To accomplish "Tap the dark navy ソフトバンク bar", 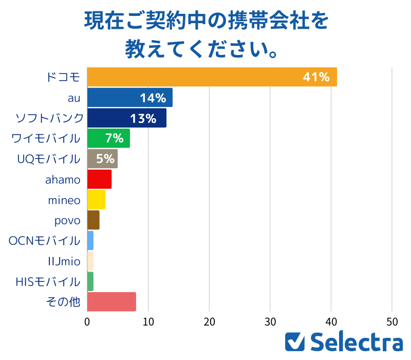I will pyautogui.click(x=126, y=118).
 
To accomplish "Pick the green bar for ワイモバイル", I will pyautogui.click(x=108, y=138).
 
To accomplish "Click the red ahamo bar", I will pyautogui.click(x=99, y=178).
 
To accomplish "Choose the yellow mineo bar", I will pyautogui.click(x=96, y=200).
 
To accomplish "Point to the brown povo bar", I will pyautogui.click(x=93, y=220).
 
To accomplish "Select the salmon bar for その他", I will pyautogui.click(x=111, y=302).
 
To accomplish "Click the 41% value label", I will pyautogui.click(x=316, y=77).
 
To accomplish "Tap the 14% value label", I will pyautogui.click(x=153, y=98).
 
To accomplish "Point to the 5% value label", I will pyautogui.click(x=105, y=159).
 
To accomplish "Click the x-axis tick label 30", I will pyautogui.click(x=270, y=322).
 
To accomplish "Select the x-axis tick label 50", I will pyautogui.click(x=392, y=322).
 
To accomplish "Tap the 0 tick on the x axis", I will pyautogui.click(x=87, y=322).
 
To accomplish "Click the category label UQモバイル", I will pyautogui.click(x=49, y=158).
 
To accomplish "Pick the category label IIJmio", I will pyautogui.click(x=63, y=261).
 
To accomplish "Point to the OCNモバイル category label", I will pyautogui.click(x=45, y=241).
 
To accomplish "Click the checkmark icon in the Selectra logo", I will pyautogui.click(x=295, y=342).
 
